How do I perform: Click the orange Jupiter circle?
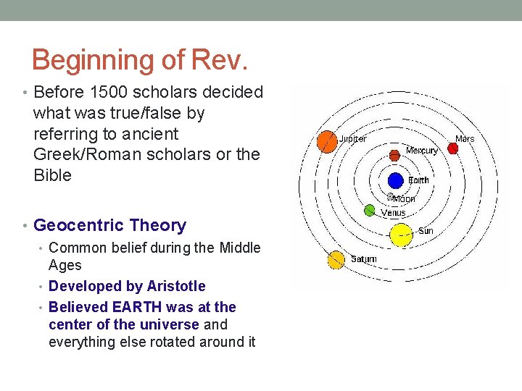click(x=327, y=143)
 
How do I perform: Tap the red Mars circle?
click(x=453, y=148)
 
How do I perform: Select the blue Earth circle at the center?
click(x=395, y=180)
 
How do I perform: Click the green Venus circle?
click(x=369, y=211)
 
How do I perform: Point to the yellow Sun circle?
click(x=400, y=234)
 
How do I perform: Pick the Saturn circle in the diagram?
click(x=336, y=260)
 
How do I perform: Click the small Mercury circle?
click(x=394, y=155)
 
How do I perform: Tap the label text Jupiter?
click(x=353, y=138)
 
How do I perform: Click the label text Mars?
click(x=465, y=138)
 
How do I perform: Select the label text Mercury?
click(x=422, y=151)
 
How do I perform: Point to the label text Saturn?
click(x=364, y=258)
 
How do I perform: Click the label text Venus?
click(x=394, y=213)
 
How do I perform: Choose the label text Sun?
click(x=426, y=232)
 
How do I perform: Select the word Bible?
click(x=52, y=176)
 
